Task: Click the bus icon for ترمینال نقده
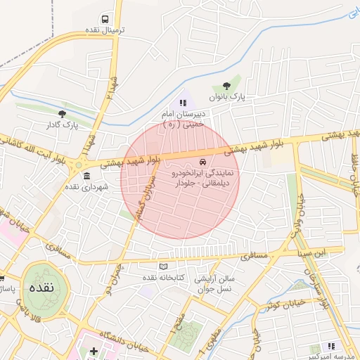point(105,19)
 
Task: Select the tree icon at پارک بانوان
point(226,86)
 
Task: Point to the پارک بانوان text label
point(226,98)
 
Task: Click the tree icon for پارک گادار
point(63,113)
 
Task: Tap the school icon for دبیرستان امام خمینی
point(184,103)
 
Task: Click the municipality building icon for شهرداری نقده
point(86,175)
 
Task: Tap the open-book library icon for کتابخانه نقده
point(164,266)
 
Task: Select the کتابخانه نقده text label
point(163,278)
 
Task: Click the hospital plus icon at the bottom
point(94,350)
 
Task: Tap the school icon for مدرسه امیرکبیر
point(331,346)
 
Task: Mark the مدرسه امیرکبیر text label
point(330,356)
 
